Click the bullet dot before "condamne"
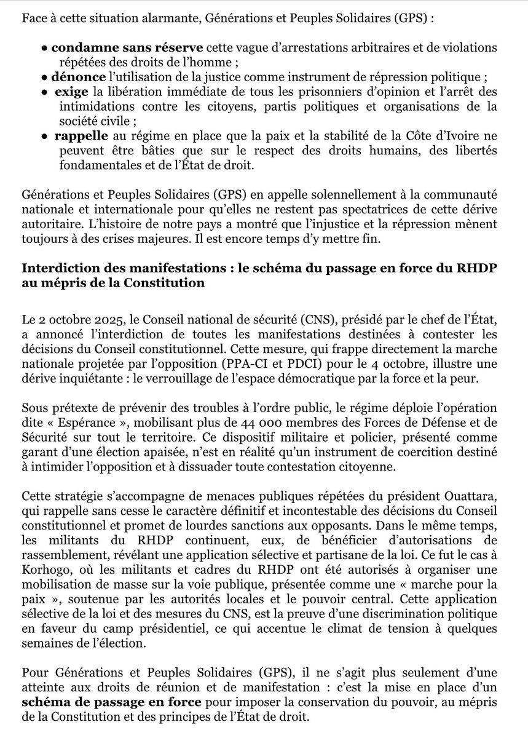45,48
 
